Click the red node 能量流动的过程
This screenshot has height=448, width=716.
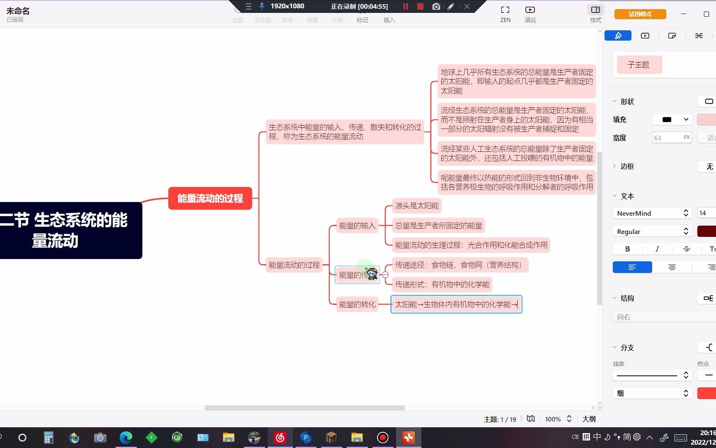210,198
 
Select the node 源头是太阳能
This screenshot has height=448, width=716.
416,206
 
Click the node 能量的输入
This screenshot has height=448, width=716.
357,226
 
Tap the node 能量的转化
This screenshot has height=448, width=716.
357,304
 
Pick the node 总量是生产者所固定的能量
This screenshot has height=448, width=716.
438,226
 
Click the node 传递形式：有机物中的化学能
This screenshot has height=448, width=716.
442,285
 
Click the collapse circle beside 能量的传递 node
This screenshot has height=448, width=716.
385,275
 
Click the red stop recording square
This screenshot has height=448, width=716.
420,7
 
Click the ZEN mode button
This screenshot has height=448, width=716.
505,13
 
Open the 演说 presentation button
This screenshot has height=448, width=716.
530,13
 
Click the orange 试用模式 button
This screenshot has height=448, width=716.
640,14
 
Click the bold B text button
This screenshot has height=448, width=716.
627,249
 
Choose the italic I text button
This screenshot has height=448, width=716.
657,249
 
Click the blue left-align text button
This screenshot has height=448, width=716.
632,267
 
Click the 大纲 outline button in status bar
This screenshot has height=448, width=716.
589,419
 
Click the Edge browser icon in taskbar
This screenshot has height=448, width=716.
126,437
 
